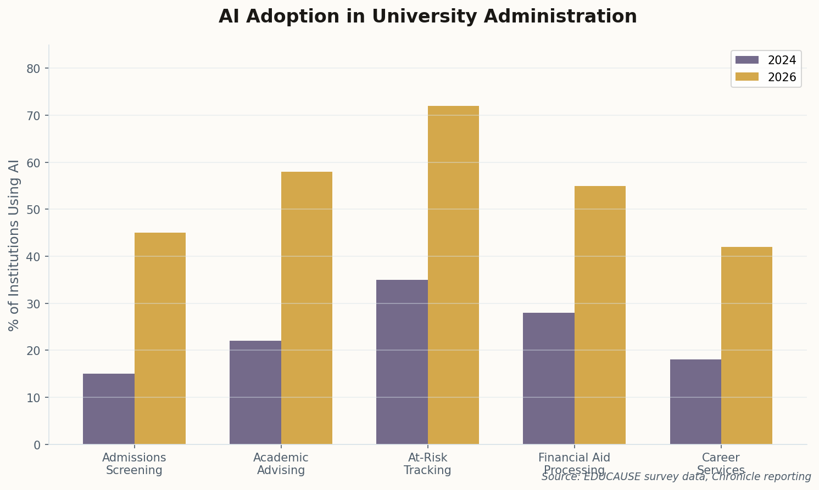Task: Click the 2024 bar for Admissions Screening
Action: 109,409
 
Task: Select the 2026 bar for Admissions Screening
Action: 160,339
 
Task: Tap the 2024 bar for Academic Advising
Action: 255,392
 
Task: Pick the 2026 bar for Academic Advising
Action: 307,308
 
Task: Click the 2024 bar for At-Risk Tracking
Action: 402,362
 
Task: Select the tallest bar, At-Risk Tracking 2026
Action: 453,275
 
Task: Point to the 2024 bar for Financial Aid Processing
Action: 549,379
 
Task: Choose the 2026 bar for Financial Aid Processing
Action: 600,315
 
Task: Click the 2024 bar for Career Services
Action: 695,402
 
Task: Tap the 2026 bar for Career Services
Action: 746,346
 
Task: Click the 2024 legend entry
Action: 766,60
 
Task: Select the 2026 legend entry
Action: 766,77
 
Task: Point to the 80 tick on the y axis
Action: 34,69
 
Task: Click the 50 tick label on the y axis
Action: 34,210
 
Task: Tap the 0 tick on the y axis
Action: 37,445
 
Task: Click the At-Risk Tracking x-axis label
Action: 427,464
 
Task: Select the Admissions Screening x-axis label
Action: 134,464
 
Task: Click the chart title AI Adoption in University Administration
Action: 427,16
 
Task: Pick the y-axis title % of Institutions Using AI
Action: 14,245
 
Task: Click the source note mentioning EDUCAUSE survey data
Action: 676,477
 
